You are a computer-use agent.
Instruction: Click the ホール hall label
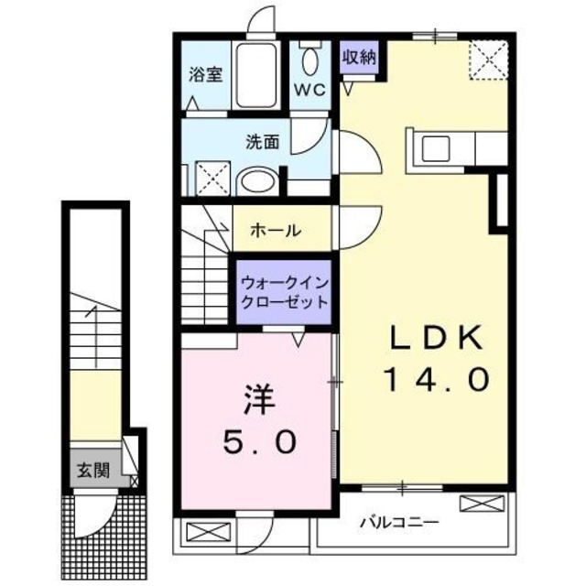pyautogui.click(x=275, y=231)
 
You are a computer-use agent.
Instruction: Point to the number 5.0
pyautogui.click(x=259, y=443)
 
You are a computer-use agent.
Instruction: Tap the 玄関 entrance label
pyautogui.click(x=92, y=472)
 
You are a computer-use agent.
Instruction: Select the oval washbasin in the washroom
pyautogui.click(x=256, y=180)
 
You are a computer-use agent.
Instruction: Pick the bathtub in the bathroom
pyautogui.click(x=259, y=75)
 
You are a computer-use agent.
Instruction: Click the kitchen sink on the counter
pyautogui.click(x=434, y=146)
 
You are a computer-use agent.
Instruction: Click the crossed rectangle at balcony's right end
pyautogui.click(x=482, y=503)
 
